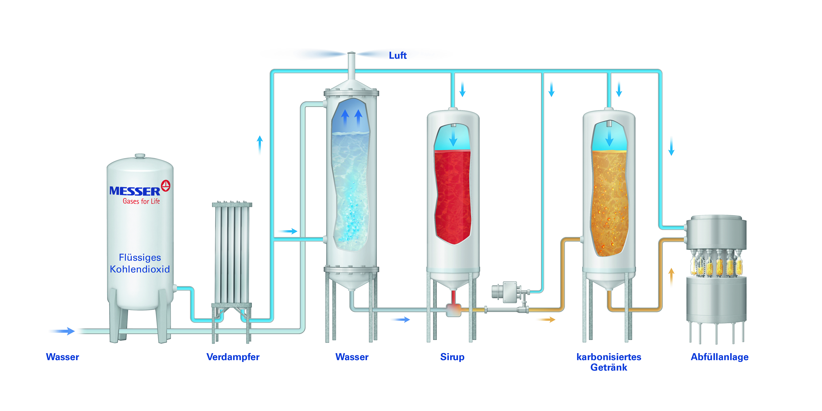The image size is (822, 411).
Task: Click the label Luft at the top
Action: coord(398,56)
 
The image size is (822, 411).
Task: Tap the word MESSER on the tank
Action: coord(135,191)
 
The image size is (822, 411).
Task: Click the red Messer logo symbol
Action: coord(166,186)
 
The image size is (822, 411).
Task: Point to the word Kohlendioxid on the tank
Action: coord(140,269)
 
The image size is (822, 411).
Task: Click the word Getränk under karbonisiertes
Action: coord(609,368)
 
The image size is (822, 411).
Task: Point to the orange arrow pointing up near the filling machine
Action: coord(671,276)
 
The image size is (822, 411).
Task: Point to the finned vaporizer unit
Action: coord(232,254)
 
